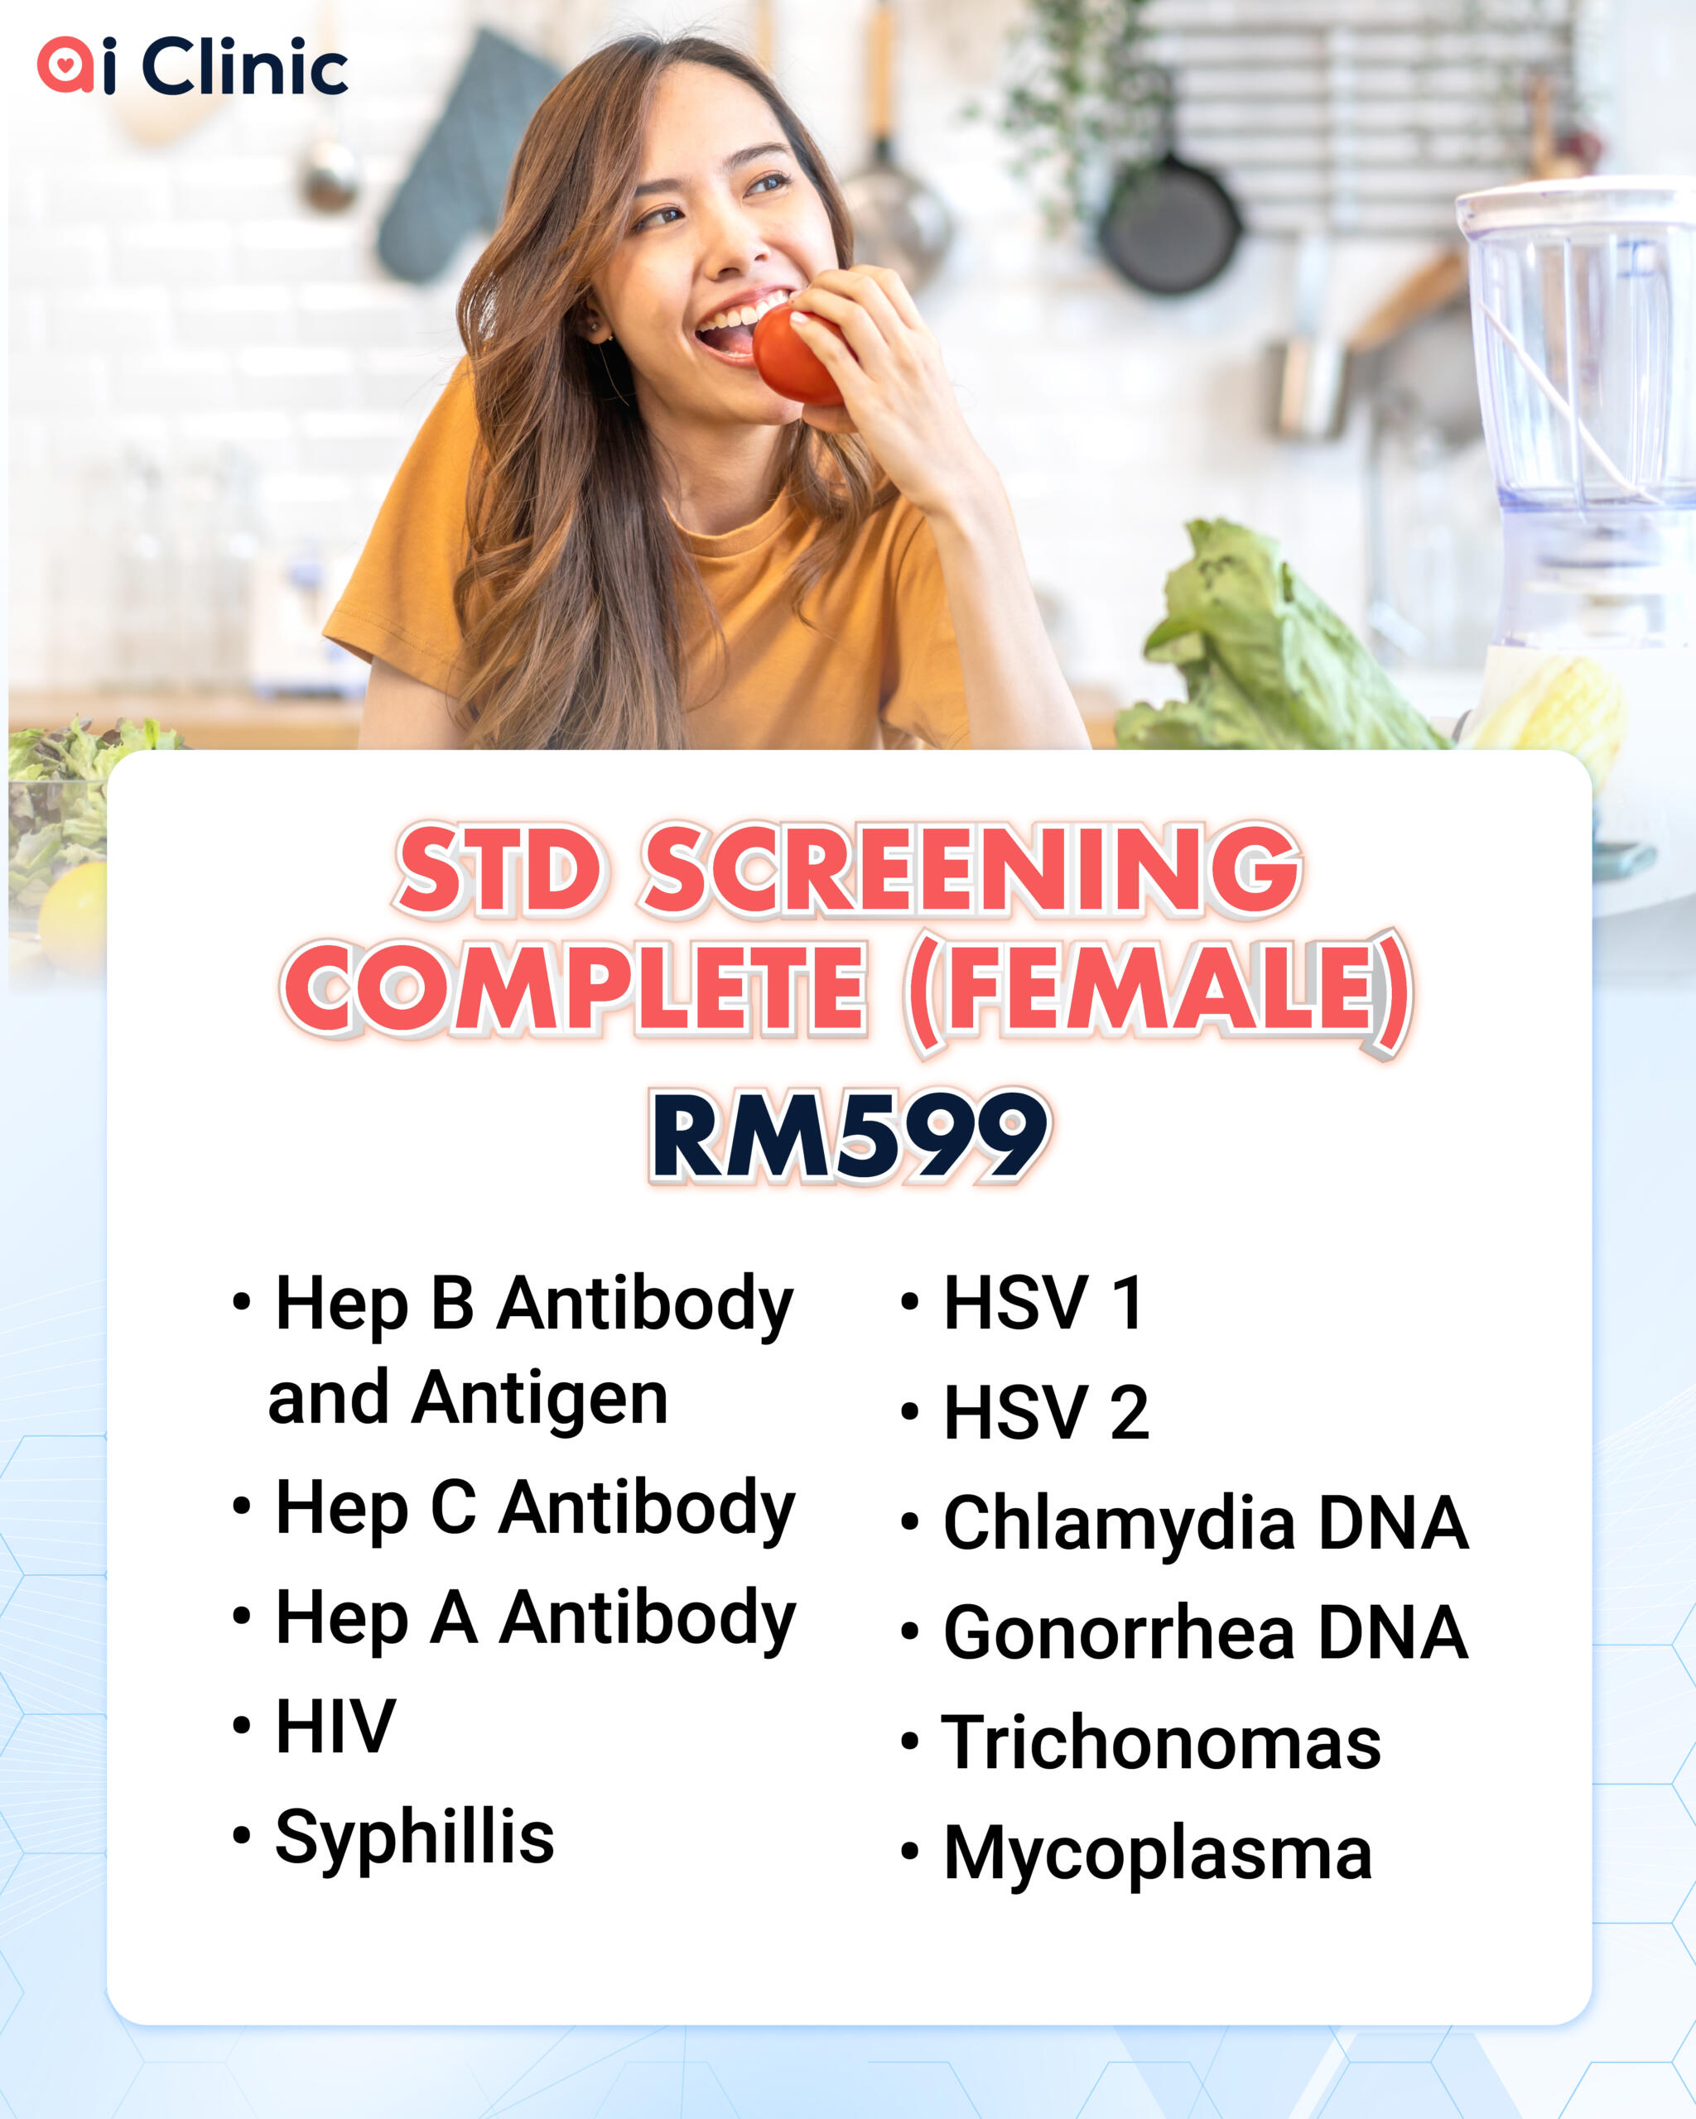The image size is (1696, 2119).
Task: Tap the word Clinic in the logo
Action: [x=245, y=66]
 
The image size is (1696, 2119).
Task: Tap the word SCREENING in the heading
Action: [x=971, y=869]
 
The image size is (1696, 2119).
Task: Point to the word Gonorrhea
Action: [x=1120, y=1633]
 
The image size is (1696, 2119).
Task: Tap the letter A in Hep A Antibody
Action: [x=455, y=1617]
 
